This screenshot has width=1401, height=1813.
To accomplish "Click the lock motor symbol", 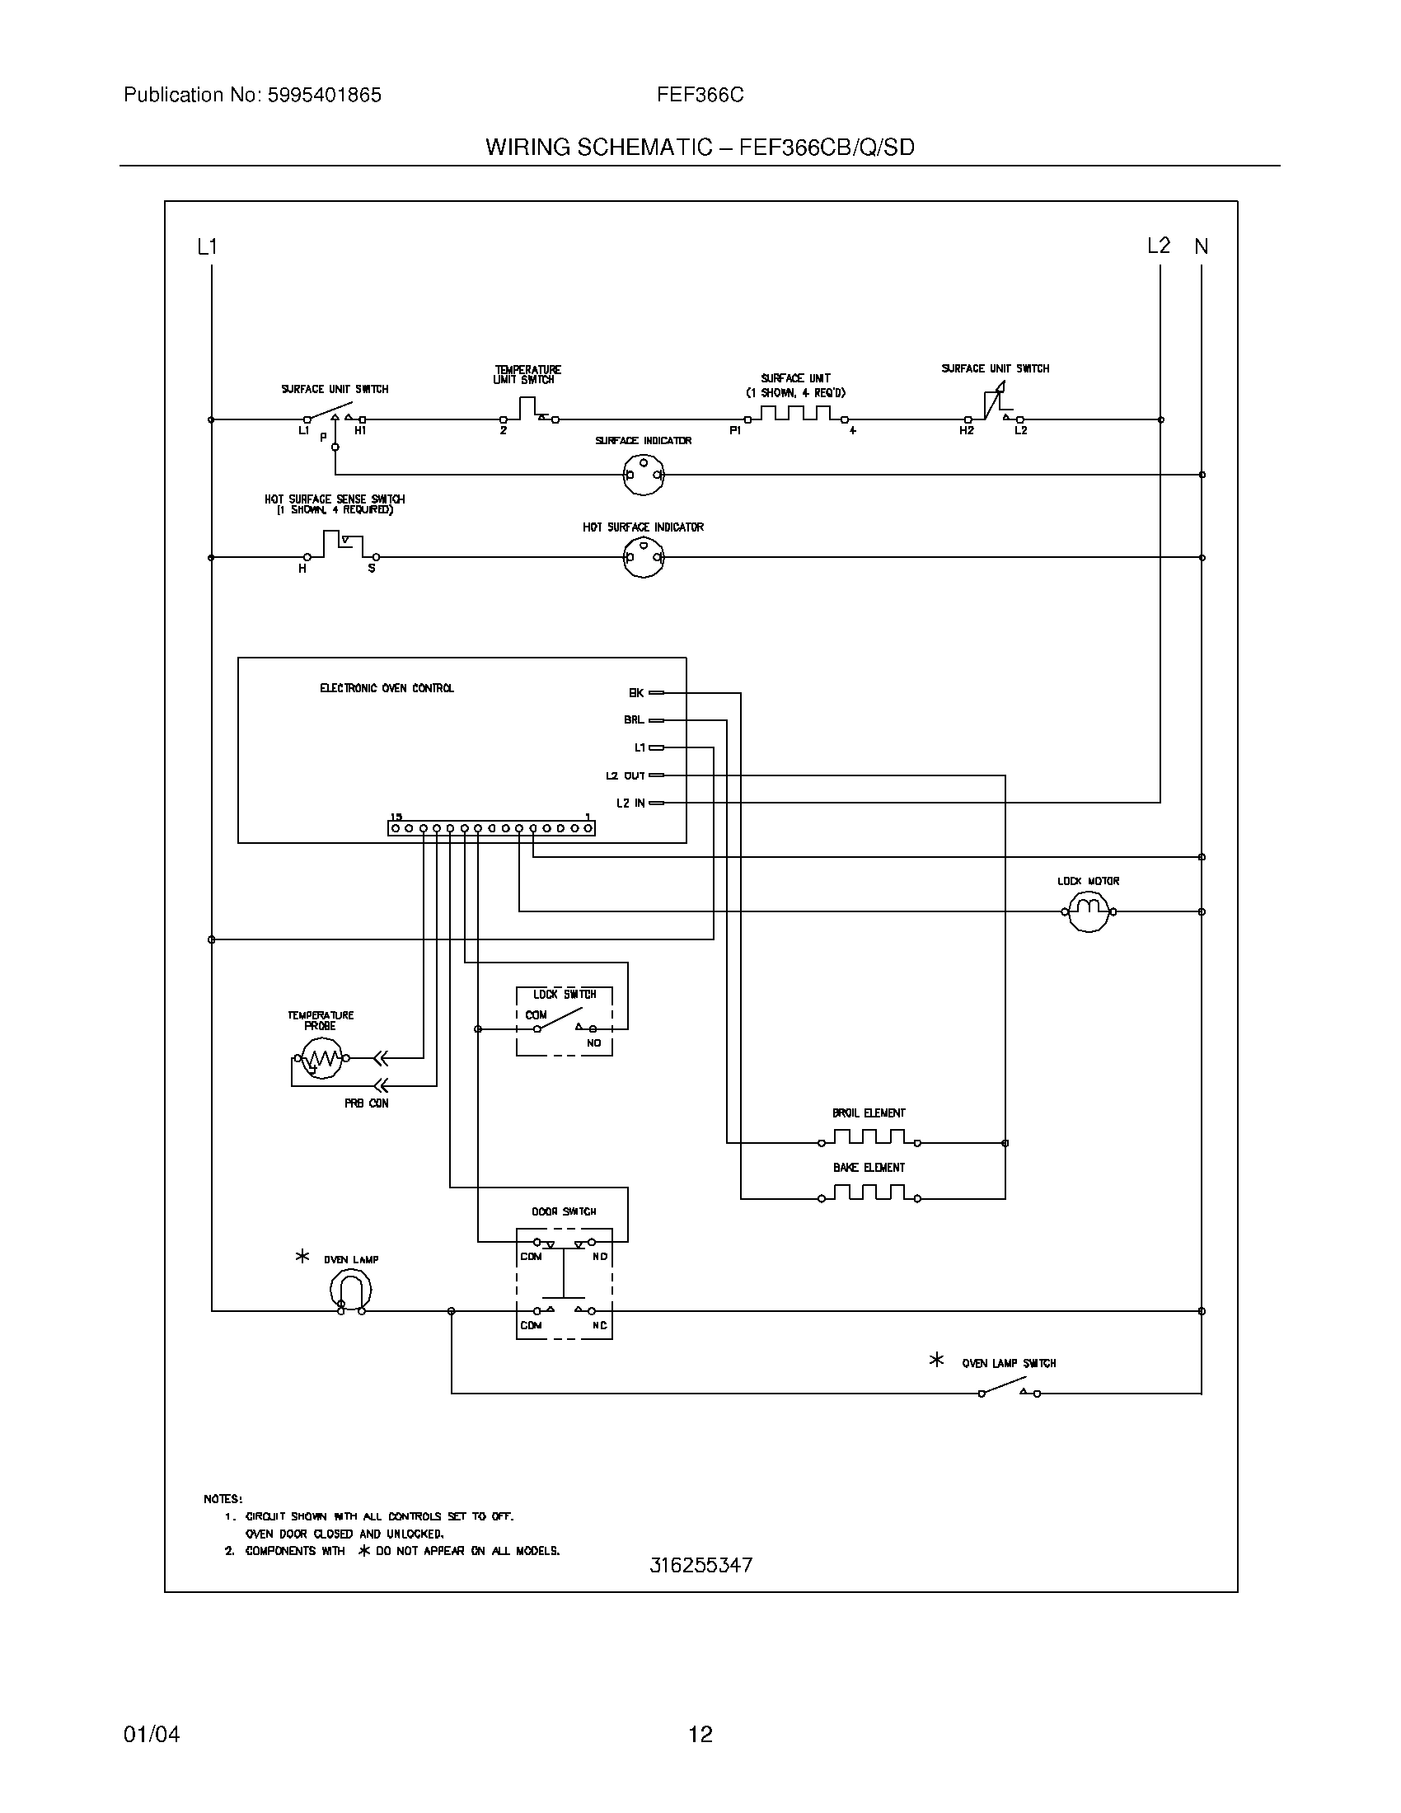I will [x=1087, y=911].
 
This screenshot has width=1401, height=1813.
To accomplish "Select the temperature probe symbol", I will [x=321, y=1058].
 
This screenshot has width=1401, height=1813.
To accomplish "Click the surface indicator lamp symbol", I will [x=644, y=475].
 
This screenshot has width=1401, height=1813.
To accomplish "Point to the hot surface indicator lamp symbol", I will [x=644, y=558].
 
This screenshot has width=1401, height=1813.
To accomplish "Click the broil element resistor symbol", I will [x=869, y=1136].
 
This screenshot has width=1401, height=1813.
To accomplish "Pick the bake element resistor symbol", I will [x=869, y=1192].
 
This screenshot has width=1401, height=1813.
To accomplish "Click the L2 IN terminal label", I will [x=630, y=803].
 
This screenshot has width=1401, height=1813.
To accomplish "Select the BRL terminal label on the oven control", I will [x=634, y=719].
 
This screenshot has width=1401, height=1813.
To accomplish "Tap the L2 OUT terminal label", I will [x=625, y=775].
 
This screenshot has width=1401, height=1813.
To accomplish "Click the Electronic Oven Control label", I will [x=387, y=688].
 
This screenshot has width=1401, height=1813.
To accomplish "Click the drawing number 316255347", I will [x=700, y=1565].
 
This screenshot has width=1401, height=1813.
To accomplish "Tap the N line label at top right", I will [x=1201, y=246].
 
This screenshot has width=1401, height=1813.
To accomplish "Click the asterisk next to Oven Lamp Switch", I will [x=936, y=1360].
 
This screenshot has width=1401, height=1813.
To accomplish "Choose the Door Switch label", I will [x=564, y=1211].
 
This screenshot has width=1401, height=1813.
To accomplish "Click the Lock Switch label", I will [x=565, y=994].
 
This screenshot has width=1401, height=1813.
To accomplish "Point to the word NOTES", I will [x=223, y=1498].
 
